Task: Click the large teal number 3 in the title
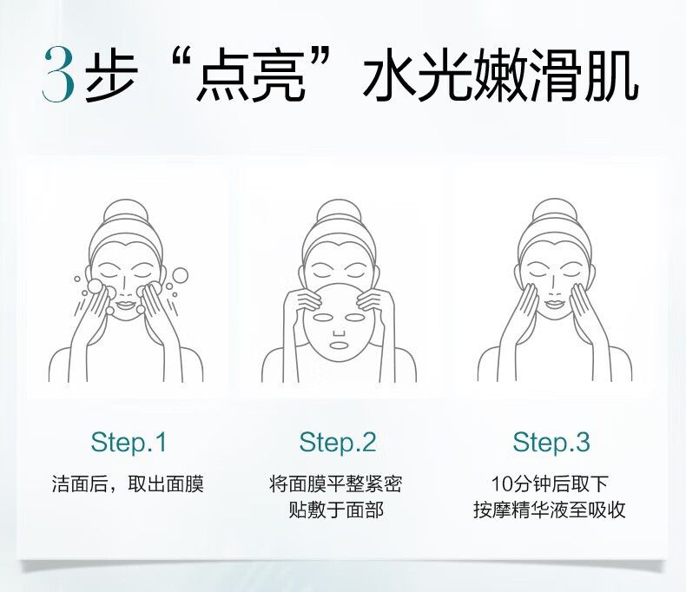(58, 75)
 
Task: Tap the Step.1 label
(129, 442)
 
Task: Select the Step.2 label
(338, 442)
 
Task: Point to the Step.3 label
(551, 442)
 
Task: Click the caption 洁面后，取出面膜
(129, 484)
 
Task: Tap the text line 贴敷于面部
(337, 510)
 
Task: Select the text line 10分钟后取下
(550, 484)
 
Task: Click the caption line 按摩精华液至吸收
(550, 510)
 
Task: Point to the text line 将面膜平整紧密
(336, 484)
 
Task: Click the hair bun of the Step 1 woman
(126, 212)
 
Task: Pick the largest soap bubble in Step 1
(180, 275)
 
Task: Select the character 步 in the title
(111, 76)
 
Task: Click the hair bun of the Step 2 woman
(340, 212)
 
